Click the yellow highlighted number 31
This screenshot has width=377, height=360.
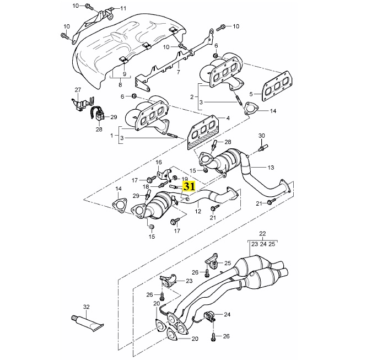188,186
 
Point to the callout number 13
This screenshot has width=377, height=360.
271,167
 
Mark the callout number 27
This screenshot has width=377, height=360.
78,89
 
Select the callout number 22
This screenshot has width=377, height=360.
262,234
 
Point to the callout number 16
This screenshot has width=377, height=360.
159,162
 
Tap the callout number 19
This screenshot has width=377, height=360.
185,180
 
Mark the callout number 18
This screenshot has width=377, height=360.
147,187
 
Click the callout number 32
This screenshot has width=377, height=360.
86,307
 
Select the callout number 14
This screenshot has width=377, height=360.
273,111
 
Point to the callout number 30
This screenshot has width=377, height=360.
262,135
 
